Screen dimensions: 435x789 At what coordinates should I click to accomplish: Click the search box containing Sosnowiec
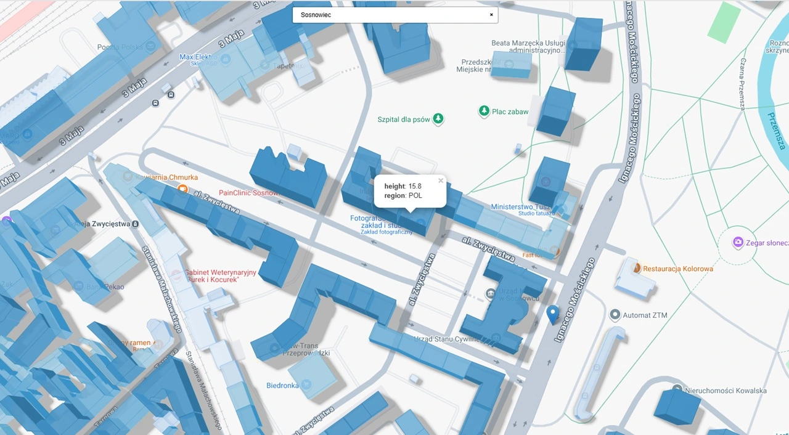tap(388, 15)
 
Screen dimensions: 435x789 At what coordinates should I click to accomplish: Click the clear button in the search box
tap(491, 15)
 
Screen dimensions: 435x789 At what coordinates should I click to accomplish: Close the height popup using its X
tap(441, 181)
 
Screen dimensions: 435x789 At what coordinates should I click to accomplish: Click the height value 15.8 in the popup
tap(415, 186)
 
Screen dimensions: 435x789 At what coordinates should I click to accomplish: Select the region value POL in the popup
tap(415, 195)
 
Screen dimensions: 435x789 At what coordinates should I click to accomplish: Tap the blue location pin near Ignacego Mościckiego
tap(552, 314)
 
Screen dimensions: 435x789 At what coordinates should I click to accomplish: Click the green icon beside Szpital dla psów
tap(438, 118)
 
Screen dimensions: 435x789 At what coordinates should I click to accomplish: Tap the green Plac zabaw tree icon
tap(484, 111)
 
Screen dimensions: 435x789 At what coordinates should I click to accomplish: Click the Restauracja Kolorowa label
tap(678, 269)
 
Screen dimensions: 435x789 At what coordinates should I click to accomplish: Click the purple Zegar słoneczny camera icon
tap(737, 243)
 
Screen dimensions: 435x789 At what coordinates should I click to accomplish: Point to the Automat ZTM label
tap(645, 315)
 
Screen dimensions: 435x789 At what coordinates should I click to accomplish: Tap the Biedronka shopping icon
tap(306, 385)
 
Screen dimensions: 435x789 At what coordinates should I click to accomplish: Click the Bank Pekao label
tap(105, 287)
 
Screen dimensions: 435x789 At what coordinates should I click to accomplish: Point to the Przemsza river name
tap(775, 129)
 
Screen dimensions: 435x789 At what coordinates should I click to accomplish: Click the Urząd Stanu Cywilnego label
tap(448, 339)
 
